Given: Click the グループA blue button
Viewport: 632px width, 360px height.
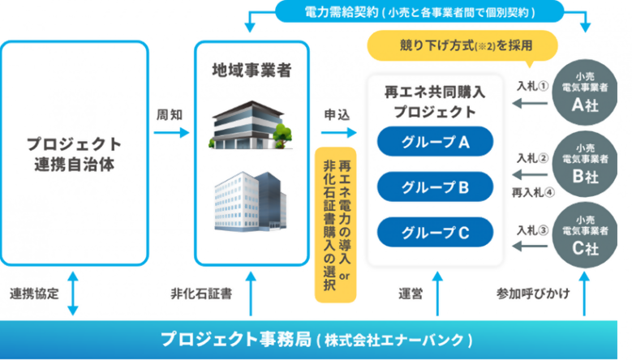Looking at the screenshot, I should point(436,143).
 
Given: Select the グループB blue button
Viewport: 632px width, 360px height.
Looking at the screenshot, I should point(436,188).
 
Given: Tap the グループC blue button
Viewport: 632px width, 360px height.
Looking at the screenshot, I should point(436,233).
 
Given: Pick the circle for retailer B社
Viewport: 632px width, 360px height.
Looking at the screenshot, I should point(585,161).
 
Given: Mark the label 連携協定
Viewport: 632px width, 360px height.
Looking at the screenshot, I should point(34,294).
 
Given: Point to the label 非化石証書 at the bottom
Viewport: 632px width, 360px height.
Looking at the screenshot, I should point(202,294).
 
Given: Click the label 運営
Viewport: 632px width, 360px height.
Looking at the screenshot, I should point(411,294).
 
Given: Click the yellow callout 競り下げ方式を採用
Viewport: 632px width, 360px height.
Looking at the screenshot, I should point(454,45).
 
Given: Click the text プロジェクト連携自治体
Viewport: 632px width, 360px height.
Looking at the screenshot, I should point(74,153).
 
